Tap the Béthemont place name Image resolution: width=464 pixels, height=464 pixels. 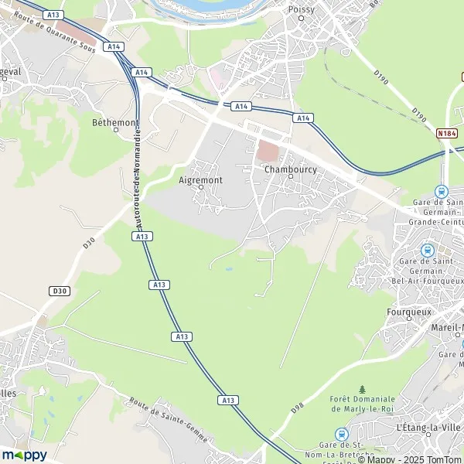(115, 122)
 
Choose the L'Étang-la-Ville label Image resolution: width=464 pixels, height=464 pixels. (428, 428)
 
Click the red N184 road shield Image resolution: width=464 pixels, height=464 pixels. (445, 133)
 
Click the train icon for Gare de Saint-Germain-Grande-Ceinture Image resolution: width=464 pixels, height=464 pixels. (442, 191)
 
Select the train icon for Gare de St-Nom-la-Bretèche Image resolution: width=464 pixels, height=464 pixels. (341, 435)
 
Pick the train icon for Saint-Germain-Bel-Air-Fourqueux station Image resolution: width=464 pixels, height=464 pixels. (426, 251)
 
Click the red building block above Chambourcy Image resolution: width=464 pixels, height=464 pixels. (266, 152)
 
